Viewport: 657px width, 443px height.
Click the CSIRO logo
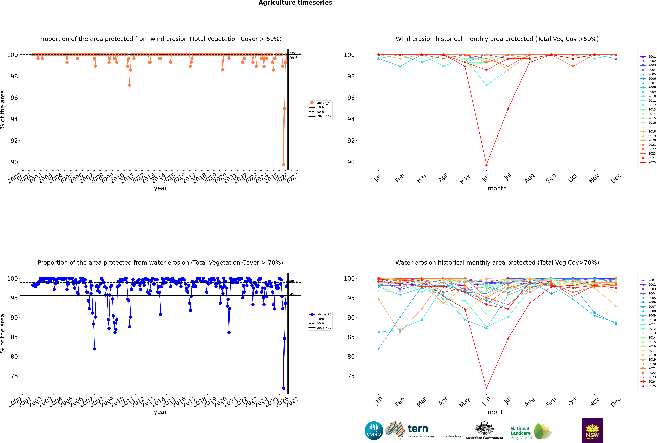click(x=374, y=431)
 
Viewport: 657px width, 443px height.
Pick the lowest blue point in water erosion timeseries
click(x=284, y=388)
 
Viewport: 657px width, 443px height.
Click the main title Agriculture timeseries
click(x=295, y=3)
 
